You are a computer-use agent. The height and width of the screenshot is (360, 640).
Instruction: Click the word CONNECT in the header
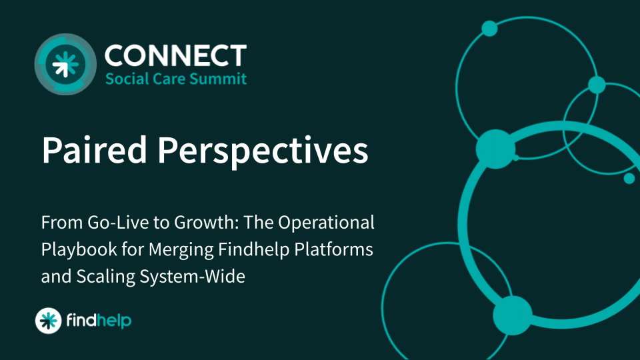point(175,55)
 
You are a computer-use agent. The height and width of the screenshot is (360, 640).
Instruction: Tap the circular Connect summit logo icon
point(65,64)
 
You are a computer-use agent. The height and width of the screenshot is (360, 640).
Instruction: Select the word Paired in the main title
point(94,150)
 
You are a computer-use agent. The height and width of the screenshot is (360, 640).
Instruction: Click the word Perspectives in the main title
point(263,151)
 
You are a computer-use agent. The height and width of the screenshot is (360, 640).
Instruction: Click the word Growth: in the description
point(207,223)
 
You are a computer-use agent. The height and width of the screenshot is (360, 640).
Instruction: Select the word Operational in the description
point(326,223)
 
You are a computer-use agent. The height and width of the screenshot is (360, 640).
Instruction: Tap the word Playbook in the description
point(79,250)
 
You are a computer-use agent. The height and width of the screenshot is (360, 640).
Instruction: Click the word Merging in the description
point(181,250)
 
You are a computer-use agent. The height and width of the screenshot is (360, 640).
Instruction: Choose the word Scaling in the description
point(106,277)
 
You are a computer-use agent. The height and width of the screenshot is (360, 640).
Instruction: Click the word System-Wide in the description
point(192,276)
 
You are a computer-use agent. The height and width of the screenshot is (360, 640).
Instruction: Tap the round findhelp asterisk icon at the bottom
point(48,321)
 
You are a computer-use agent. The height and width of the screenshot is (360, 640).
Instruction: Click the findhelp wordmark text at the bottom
point(99,321)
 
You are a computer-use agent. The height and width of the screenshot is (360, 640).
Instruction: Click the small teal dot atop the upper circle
point(489,29)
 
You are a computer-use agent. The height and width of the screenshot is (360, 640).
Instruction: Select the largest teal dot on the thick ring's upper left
point(495,149)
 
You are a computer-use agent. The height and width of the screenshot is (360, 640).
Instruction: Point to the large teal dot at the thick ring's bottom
point(513,315)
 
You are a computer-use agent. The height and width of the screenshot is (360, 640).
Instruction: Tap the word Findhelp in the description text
point(254,249)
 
